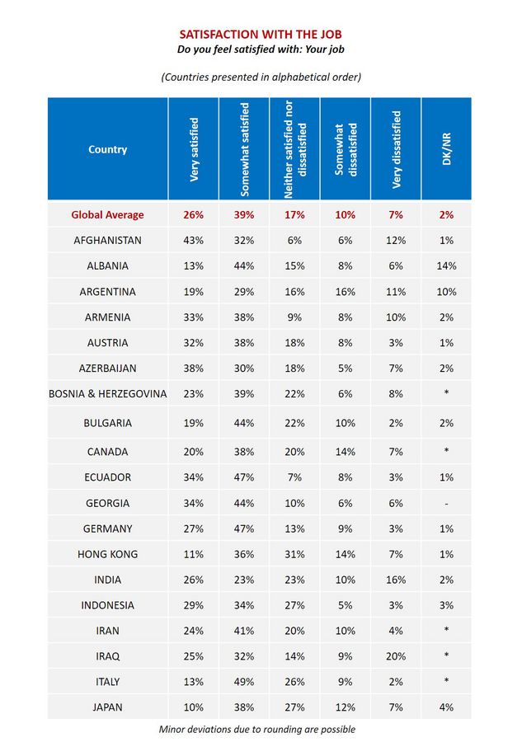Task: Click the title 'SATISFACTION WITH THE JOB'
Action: (261, 34)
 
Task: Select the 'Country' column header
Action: (108, 149)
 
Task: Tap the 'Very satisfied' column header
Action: (195, 149)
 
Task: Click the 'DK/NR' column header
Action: (446, 149)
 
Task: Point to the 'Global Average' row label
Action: (108, 214)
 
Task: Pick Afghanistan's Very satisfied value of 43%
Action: (195, 240)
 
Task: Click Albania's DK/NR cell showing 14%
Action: (446, 265)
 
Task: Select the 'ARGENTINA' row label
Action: (108, 291)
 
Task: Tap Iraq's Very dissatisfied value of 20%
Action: (396, 655)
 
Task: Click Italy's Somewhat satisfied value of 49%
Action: (245, 681)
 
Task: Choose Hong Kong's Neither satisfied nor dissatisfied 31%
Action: (295, 554)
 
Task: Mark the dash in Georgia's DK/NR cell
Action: (446, 503)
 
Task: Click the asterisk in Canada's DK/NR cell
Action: (446, 452)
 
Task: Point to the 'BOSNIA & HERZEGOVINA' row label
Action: (108, 393)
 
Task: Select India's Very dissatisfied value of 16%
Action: (396, 580)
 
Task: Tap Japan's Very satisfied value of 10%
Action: (195, 707)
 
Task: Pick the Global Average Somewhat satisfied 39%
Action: (245, 214)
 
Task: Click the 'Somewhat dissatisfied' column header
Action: (346, 149)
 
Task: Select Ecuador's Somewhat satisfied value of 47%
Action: (245, 477)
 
